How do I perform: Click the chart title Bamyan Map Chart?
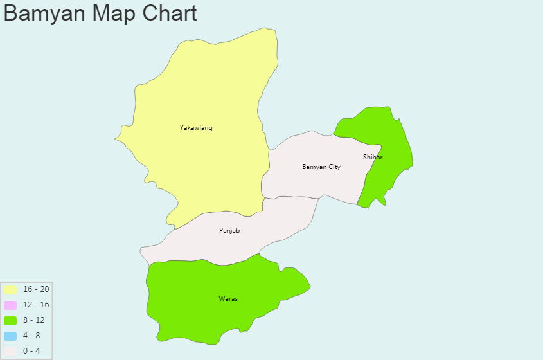pos(100,13)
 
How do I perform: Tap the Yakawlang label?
pos(196,127)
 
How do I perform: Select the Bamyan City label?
pos(321,166)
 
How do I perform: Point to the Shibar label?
pos(373,157)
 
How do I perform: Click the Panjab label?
pos(229,230)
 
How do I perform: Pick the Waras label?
pos(228,298)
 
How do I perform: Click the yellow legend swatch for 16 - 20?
pos(10,289)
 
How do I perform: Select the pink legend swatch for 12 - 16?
pos(10,305)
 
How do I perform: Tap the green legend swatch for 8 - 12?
pos(10,320)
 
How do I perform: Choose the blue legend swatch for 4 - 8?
pos(10,336)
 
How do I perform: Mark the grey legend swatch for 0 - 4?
pos(10,351)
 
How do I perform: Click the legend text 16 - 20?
pos(36,289)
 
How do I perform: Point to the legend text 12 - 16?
pos(36,305)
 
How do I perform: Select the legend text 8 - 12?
pos(34,320)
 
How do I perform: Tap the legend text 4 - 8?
pos(31,336)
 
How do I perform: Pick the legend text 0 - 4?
pos(31,351)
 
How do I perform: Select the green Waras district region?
pos(193,309)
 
